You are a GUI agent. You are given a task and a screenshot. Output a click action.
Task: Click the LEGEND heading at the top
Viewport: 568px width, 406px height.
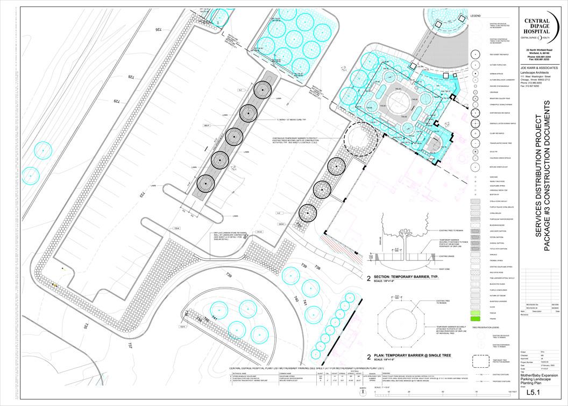[x=475, y=16]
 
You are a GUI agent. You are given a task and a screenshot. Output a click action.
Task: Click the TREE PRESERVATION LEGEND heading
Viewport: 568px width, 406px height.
[x=486, y=327]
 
